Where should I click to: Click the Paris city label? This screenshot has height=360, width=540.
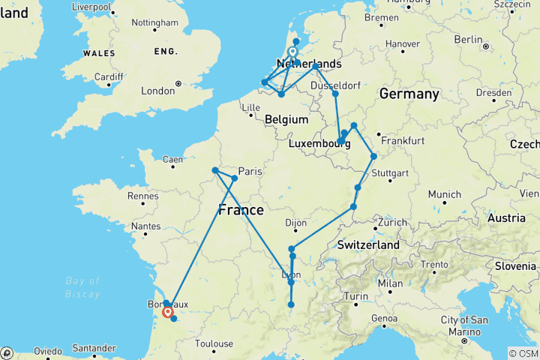[250, 171]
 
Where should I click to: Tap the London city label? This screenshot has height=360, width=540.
[157, 91]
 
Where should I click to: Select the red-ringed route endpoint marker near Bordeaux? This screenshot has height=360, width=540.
[168, 312]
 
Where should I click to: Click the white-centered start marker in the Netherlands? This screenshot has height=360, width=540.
[292, 52]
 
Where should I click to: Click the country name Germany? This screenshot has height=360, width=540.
[409, 94]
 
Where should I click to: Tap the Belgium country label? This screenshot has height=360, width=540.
[286, 119]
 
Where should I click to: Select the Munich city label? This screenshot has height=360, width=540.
[445, 194]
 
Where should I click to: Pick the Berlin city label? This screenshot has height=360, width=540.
[468, 39]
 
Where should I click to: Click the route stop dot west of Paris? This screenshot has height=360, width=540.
[215, 170]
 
